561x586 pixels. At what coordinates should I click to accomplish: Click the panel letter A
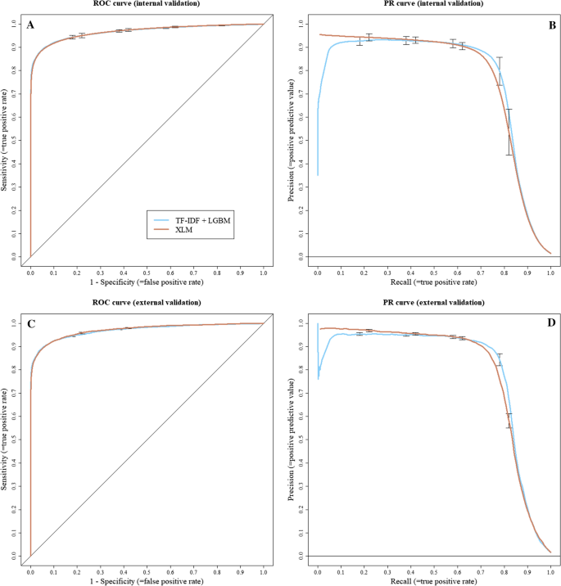click(x=30, y=25)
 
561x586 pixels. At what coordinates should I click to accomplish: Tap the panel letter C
click(x=30, y=324)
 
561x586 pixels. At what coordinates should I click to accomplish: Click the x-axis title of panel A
click(x=147, y=282)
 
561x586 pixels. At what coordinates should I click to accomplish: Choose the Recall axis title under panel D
click(x=434, y=580)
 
